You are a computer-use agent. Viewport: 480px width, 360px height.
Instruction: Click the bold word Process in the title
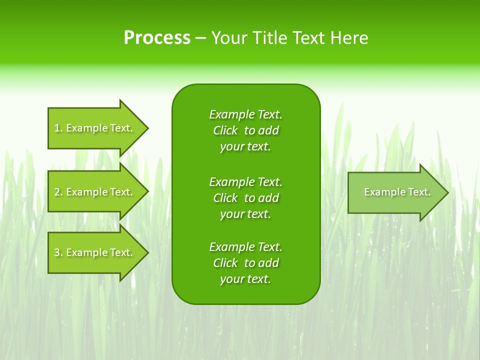[x=157, y=38]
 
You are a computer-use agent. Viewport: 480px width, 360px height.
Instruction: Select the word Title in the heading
[x=271, y=38]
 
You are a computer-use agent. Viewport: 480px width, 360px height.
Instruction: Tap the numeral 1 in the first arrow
[x=57, y=128]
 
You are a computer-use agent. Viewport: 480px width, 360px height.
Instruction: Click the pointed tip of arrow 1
[x=147, y=128]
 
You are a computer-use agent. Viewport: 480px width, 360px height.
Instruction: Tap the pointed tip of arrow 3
[x=147, y=252]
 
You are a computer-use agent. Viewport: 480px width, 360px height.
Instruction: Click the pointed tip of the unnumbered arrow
[x=447, y=192]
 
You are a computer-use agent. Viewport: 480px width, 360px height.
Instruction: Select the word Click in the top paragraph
[x=225, y=130]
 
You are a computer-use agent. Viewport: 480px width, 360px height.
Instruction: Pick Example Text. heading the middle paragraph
[x=245, y=181]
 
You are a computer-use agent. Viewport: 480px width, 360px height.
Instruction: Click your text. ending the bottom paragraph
[x=245, y=279]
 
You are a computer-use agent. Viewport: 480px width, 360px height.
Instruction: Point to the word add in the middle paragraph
[x=268, y=198]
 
